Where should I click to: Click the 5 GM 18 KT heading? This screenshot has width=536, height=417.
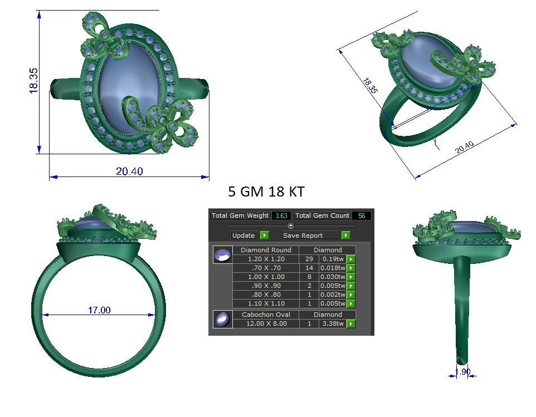(266, 192)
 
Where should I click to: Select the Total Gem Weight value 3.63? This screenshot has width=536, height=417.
(281, 215)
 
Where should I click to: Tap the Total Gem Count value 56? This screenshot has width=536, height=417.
(362, 215)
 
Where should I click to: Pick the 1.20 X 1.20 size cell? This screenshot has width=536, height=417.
(266, 259)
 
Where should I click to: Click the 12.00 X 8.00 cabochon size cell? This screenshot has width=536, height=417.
(266, 323)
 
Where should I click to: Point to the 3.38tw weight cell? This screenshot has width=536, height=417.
(333, 323)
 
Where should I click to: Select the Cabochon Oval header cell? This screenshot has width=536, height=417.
(266, 315)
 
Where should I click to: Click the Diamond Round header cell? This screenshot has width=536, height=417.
(266, 250)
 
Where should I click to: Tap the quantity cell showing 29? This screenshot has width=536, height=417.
(309, 259)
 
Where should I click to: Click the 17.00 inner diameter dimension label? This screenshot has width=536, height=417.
(99, 310)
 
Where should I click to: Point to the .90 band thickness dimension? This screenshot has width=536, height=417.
(463, 372)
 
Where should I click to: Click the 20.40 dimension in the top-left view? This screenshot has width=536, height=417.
(129, 171)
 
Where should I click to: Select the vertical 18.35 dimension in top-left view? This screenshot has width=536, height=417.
(34, 80)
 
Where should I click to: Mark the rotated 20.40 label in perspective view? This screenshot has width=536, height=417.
(464, 148)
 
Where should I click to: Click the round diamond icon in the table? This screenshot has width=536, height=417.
(222, 255)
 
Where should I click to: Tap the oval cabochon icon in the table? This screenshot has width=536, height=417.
(222, 319)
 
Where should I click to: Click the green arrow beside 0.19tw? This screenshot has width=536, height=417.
(351, 259)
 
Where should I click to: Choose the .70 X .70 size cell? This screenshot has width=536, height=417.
(266, 268)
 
